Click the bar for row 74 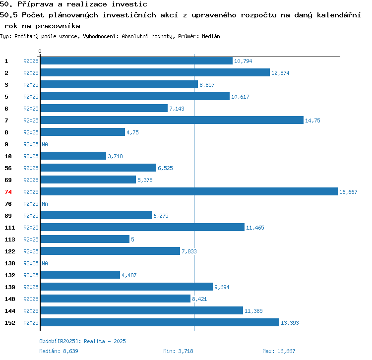189,191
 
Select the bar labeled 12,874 155,72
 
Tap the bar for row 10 73,156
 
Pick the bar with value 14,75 172,120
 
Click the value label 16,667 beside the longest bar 348,192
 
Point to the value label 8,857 207,85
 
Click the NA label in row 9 45,144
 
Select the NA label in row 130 45,263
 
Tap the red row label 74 8,192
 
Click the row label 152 10,323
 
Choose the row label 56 8,168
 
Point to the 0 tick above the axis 40,51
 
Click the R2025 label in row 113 31,240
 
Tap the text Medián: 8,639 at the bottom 59,351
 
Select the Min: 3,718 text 178,351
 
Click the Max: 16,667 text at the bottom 279,351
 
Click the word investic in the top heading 129,4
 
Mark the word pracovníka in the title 58,26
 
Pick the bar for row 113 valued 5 85,239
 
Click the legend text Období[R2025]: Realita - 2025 82,341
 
